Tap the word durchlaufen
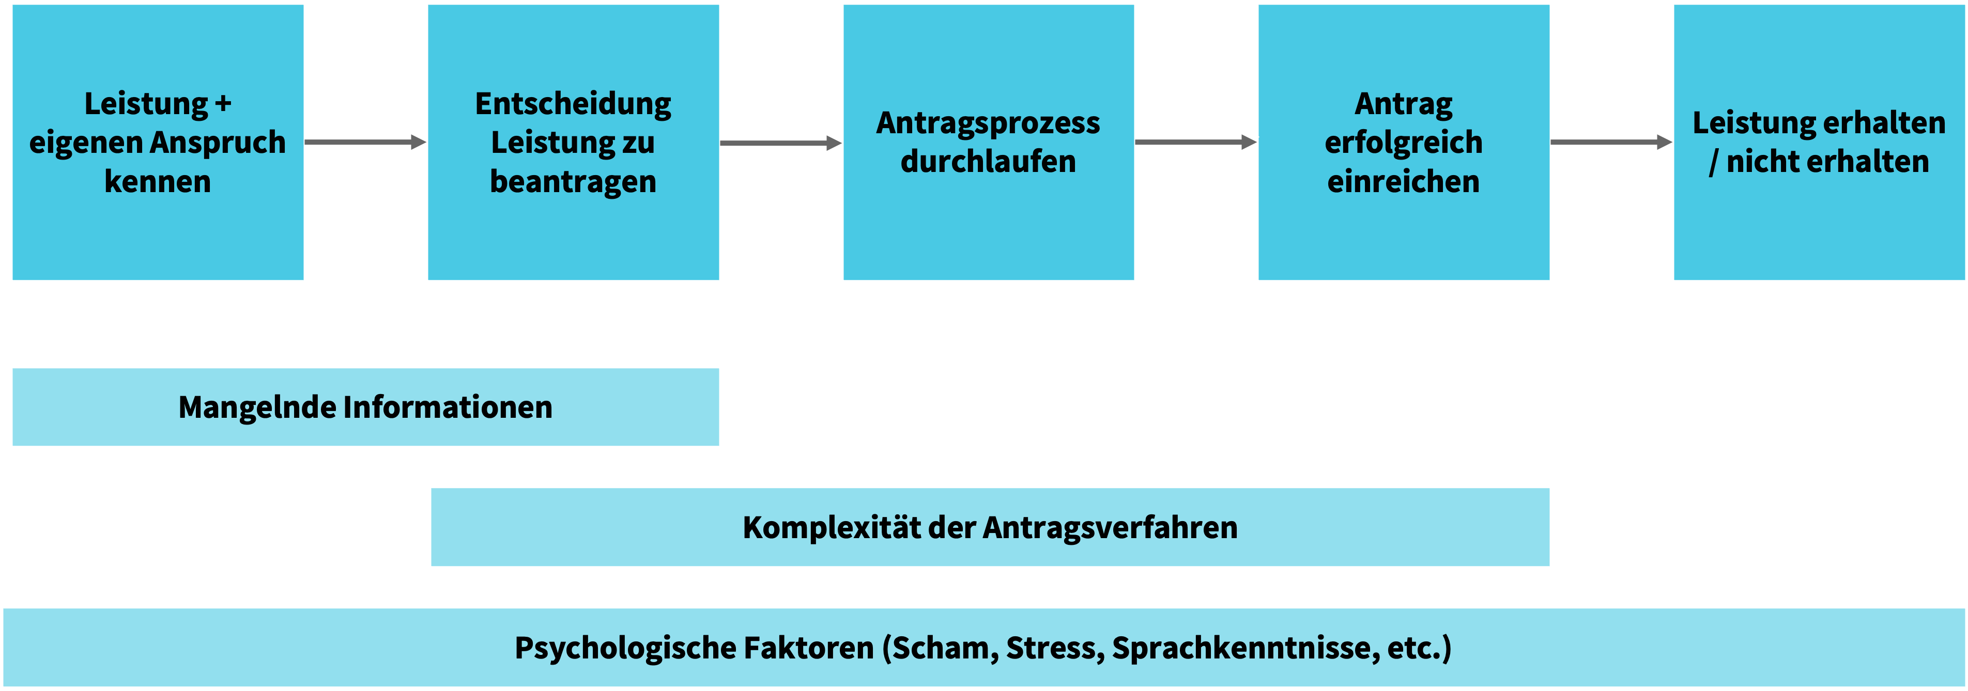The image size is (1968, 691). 988,162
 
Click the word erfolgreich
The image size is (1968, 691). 1404,143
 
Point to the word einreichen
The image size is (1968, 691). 1404,182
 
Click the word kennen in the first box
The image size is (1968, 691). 158,182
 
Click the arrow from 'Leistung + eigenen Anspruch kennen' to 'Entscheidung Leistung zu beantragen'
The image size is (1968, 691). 365,142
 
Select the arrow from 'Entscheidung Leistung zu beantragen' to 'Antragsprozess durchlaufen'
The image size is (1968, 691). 781,143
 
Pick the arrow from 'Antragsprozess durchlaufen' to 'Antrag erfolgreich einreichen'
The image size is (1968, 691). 1195,142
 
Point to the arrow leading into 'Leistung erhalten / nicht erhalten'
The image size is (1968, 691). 1611,142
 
